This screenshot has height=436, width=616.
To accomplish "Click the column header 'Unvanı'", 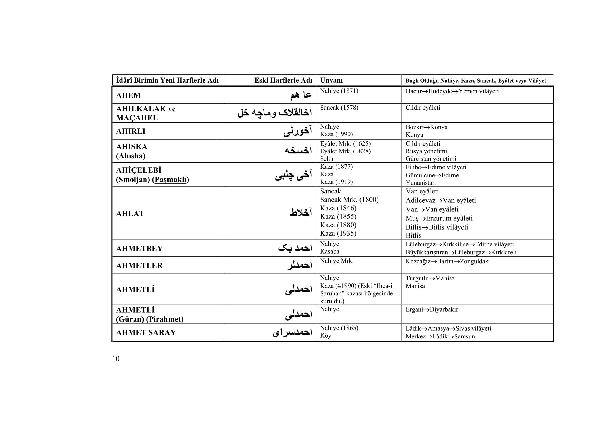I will [331, 80].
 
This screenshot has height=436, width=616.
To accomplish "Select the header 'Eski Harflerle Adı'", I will [283, 80].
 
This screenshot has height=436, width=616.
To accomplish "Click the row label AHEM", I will [128, 95].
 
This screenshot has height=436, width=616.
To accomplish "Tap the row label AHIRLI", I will [131, 131].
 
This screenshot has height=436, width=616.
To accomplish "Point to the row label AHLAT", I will [130, 214].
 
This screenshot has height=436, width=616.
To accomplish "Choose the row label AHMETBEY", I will [139, 249].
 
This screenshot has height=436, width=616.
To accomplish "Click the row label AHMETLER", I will [139, 265].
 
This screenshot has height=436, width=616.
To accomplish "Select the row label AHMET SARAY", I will [146, 332].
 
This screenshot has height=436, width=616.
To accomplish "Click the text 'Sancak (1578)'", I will [339, 108].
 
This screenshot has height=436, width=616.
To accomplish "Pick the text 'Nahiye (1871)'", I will [339, 91].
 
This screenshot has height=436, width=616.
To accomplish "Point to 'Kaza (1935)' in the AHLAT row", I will [338, 233].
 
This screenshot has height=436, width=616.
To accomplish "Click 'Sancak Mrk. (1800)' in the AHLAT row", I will [349, 200].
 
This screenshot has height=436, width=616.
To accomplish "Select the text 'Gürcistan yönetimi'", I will [431, 159].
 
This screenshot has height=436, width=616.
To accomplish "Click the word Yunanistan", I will [420, 183].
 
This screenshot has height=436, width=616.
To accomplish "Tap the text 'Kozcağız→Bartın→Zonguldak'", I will [447, 261].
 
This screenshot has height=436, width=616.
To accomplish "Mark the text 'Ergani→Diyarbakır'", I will [432, 309].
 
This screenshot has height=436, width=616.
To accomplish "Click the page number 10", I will [116, 359].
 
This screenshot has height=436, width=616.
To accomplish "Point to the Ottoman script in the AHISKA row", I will [298, 151].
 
